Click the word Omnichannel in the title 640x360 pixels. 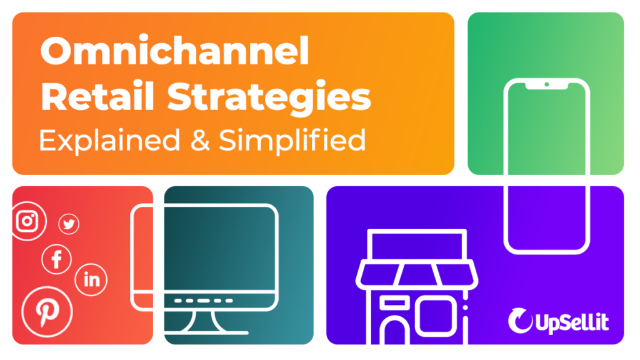(x=174, y=52)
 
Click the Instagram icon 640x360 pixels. (x=27, y=221)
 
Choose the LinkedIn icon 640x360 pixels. (x=91, y=279)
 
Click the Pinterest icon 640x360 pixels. (x=46, y=312)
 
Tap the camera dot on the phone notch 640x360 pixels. (x=546, y=84)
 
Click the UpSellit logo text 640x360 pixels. (x=572, y=322)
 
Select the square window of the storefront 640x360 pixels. (x=435, y=315)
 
